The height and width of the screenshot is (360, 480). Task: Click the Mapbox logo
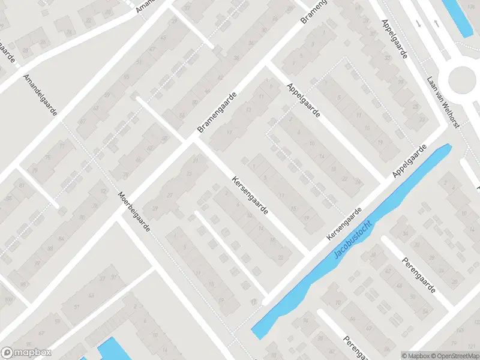tap(26, 353)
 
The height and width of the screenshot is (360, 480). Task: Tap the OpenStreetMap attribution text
tap(453, 355)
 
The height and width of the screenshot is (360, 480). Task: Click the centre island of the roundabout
tap(464, 79)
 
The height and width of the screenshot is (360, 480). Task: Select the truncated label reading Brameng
tap(314, 11)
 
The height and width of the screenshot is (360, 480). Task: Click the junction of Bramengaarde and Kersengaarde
tap(191, 142)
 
